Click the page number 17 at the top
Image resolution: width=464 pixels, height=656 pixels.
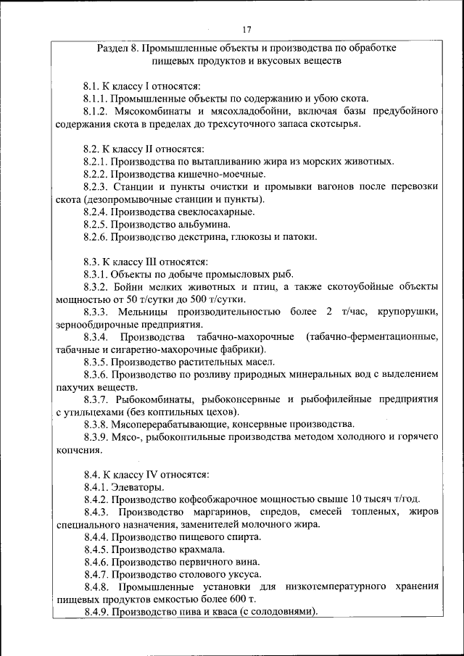click(x=246, y=30)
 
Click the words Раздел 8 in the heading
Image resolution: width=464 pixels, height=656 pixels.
click(x=117, y=49)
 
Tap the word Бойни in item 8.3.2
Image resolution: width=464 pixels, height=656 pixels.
click(x=128, y=287)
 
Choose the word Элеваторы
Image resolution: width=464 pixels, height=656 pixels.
click(x=138, y=487)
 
